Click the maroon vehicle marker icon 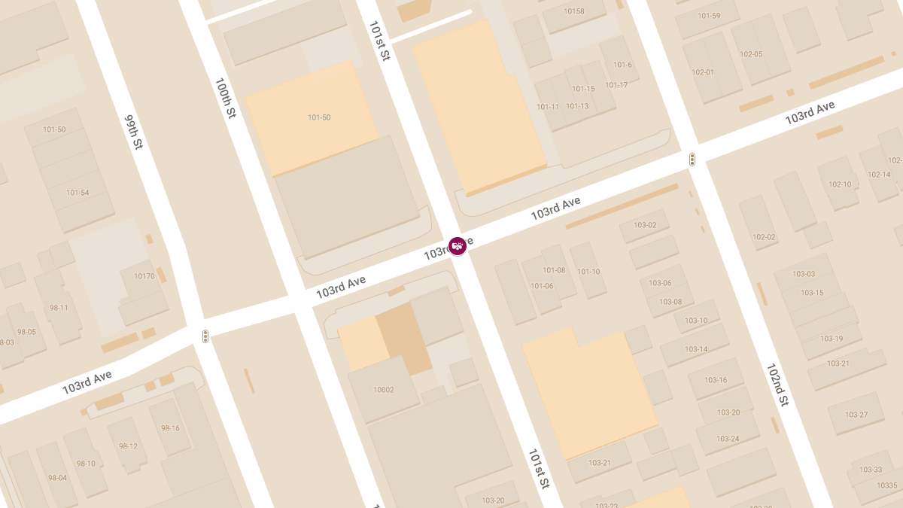click(457, 246)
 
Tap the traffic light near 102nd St click(692, 160)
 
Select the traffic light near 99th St click(205, 336)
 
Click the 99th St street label click(133, 132)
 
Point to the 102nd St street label click(777, 385)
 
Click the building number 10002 click(384, 390)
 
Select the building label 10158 click(574, 11)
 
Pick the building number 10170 click(144, 276)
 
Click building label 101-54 click(78, 193)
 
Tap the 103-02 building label click(645, 225)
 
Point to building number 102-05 click(751, 54)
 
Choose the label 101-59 click(709, 16)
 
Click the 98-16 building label click(170, 428)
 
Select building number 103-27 click(856, 415)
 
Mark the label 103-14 click(696, 349)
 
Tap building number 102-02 click(764, 237)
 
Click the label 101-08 click(554, 270)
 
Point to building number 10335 click(887, 485)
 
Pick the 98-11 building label click(59, 307)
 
